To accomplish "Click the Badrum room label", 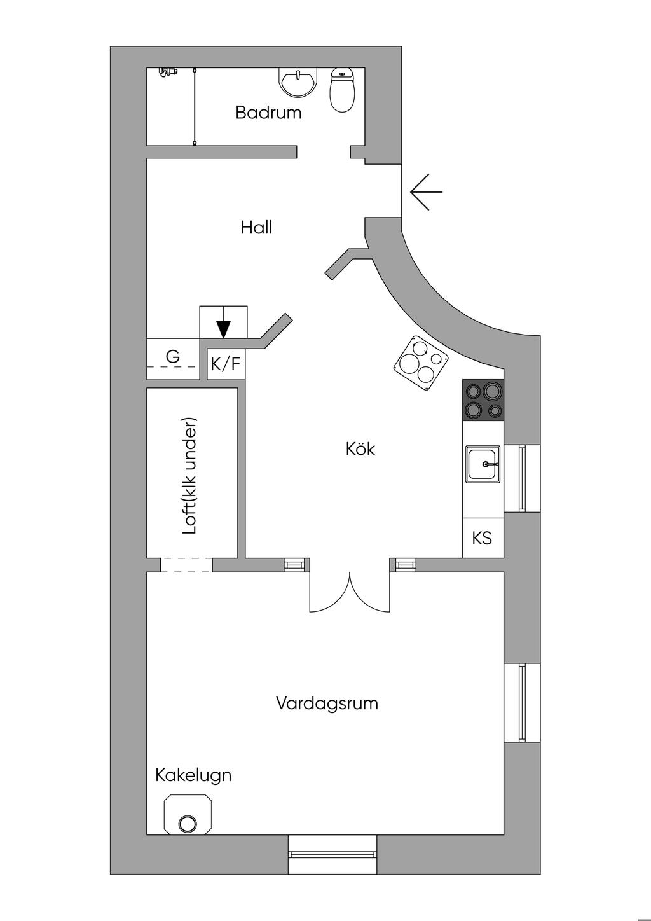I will point(268,113).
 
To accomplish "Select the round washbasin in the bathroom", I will point(297,83).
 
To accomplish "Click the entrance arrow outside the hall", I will point(425,191).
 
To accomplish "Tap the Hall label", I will point(256,227).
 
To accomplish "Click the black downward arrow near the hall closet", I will point(223,328).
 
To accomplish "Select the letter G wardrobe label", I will point(173,357).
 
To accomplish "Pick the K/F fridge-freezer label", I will point(226,364).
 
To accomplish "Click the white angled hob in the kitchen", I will point(421,363).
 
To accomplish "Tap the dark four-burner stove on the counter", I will point(483,400).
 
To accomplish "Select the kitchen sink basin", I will point(483,464).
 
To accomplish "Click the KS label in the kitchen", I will point(482,538).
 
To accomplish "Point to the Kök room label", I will point(360,449).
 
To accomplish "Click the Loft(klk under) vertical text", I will point(189,476).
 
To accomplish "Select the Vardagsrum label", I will point(327,703).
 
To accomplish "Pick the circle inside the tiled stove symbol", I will point(188,824).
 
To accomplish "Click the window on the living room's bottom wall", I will point(332,845).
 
